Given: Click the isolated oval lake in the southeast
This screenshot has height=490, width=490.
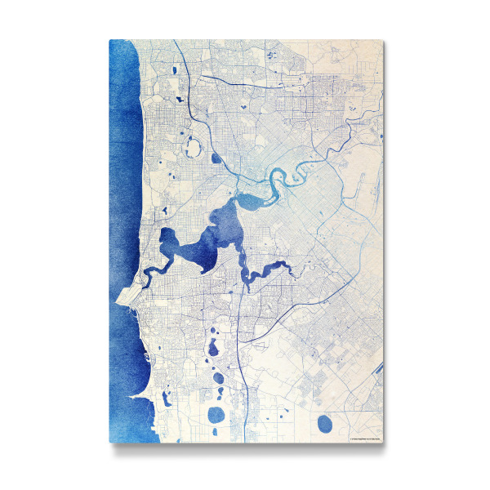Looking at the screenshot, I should [x=325, y=423].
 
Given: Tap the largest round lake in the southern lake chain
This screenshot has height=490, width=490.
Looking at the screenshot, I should [x=216, y=415].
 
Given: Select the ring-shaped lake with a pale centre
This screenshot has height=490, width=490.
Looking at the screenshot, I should [x=194, y=148].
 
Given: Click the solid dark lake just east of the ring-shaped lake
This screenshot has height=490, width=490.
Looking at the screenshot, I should [x=216, y=159].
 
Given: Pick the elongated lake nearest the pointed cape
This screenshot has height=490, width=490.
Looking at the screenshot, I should [x=166, y=399].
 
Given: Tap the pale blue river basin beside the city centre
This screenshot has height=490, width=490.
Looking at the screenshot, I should [x=249, y=199].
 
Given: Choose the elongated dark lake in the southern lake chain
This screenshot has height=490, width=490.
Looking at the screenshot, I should [x=213, y=349].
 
